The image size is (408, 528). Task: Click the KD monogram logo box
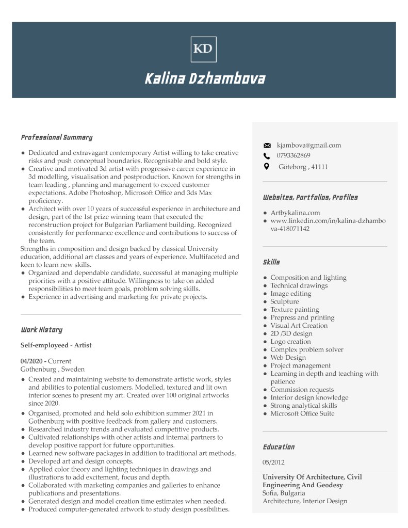tap(203, 49)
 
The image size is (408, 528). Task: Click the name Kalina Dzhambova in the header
tap(204, 79)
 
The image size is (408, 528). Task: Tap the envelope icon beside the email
tap(267, 146)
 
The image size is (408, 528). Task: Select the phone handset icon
tap(267, 156)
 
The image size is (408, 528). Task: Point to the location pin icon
tap(266, 167)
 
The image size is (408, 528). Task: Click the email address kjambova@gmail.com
tap(309, 146)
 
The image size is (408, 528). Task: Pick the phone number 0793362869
tap(293, 156)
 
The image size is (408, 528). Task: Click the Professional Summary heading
tap(56, 138)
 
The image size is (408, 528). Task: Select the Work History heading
tap(41, 330)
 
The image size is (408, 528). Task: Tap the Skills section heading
tap(271, 263)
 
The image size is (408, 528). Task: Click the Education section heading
tap(279, 447)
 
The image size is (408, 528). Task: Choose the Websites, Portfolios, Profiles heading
tap(310, 198)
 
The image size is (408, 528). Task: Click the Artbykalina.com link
tap(295, 213)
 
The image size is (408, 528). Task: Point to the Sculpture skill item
tap(284, 302)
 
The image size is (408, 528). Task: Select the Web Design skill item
tap(288, 358)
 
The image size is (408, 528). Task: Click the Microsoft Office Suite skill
tap(302, 413)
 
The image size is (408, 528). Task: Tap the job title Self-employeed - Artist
tap(56, 345)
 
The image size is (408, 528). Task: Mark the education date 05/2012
tap(273, 462)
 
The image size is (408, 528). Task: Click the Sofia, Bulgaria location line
tap(284, 493)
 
